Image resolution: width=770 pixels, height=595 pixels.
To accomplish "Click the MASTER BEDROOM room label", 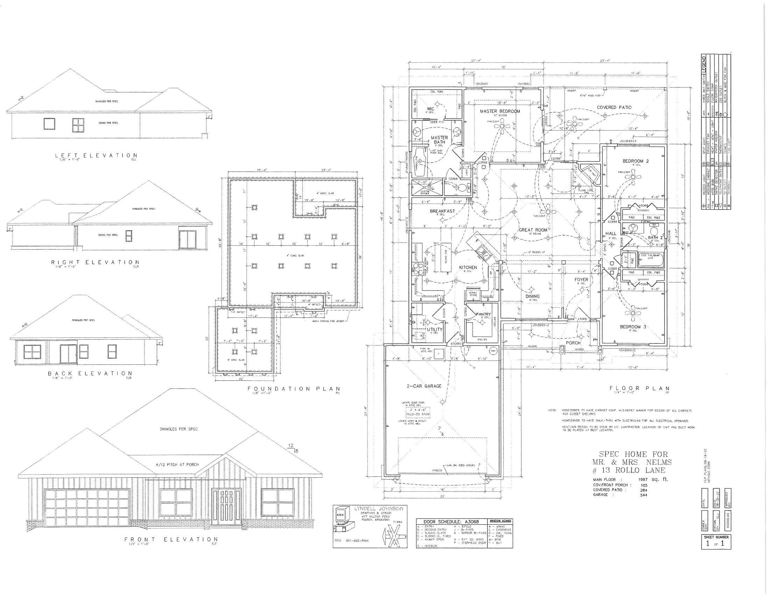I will pos(499,111).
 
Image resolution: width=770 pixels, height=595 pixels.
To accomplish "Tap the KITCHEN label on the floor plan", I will pos(468,267).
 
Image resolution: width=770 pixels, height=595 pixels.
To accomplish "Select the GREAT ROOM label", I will pos(533,230).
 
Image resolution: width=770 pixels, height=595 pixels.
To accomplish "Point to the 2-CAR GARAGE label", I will pos(423,386).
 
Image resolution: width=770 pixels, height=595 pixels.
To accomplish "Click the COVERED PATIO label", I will pos(614,107).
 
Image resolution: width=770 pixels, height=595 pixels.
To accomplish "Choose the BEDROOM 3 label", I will pos(633,327).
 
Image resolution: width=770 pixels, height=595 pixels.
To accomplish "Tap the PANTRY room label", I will pos(483,314).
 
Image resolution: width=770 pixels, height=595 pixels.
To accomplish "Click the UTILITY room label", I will pos(434,330).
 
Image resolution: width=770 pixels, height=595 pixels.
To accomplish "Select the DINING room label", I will pos(532,296).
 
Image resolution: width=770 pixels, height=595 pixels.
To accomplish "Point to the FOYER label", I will pos(581,280).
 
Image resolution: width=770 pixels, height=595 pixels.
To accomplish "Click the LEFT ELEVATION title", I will pos(96,155).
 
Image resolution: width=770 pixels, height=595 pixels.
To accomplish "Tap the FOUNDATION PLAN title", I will pos(294,389).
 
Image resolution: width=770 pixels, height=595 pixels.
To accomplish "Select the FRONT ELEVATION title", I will pos(171,539).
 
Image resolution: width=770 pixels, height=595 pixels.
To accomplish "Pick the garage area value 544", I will pos(644,495).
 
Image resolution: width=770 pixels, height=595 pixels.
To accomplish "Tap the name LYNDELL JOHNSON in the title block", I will pos(378,509).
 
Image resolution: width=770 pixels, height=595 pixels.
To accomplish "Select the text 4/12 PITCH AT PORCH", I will pos(177,464).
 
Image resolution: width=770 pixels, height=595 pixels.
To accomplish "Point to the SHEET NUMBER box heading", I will pos(716,537).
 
